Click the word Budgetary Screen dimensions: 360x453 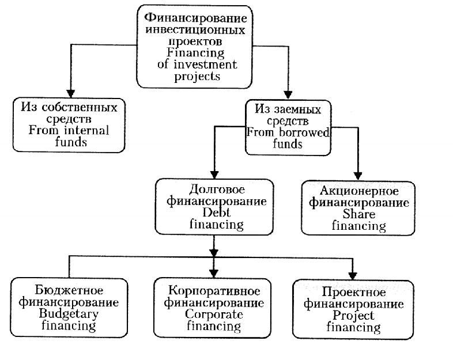(69, 314)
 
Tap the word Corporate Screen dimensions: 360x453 (214, 314)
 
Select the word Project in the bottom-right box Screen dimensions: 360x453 (353, 316)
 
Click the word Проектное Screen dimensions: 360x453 (353, 291)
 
